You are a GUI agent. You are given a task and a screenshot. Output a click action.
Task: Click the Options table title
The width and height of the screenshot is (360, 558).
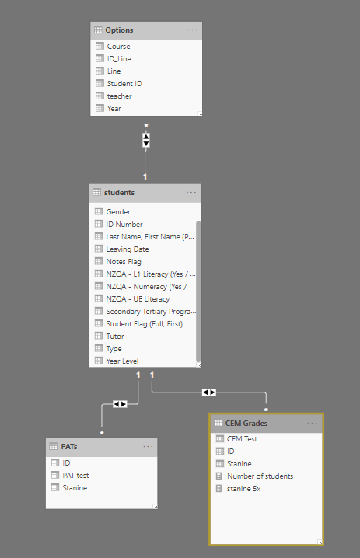coord(119,30)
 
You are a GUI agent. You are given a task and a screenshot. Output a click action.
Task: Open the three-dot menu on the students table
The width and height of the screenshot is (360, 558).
coord(191,193)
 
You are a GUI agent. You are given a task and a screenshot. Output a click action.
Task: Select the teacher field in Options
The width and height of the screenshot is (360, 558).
coord(119,96)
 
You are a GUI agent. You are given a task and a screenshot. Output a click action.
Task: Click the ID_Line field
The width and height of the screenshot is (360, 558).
coord(119,59)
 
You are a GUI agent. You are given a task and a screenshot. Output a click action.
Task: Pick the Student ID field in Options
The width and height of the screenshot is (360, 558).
coord(124,84)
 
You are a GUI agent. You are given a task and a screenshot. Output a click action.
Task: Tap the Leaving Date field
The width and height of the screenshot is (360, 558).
coord(127,249)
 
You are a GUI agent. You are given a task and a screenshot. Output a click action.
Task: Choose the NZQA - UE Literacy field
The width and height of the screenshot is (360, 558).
coord(138,299)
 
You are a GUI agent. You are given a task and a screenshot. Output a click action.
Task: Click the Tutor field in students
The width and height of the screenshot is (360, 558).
coord(114,337)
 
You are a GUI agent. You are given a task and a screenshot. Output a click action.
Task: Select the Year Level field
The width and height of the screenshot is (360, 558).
coord(122,361)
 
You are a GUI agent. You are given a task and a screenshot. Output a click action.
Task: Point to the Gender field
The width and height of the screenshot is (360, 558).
coord(118,211)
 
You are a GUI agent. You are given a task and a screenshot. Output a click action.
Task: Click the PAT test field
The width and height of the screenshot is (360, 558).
coord(75,476)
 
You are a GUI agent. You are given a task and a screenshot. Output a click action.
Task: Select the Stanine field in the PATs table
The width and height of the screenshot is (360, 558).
coord(75,488)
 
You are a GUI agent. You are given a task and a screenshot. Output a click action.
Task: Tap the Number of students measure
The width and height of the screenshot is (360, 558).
coord(260,476)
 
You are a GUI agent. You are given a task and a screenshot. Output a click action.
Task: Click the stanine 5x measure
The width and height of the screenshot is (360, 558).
coord(243,489)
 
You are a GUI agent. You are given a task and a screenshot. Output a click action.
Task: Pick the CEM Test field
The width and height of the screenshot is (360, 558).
coord(242,439)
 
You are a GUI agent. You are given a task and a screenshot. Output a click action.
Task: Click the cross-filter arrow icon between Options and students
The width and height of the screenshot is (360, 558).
coord(146,140)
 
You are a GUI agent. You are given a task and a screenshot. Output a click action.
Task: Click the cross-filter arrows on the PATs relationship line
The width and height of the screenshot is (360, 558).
coord(120,404)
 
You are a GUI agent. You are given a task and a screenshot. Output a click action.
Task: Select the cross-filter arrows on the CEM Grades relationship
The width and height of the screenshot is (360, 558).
coord(209,392)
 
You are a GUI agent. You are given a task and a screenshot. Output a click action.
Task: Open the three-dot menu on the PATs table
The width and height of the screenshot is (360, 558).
coord(148,447)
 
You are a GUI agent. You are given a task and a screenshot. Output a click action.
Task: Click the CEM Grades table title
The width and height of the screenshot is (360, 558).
coord(246,424)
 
